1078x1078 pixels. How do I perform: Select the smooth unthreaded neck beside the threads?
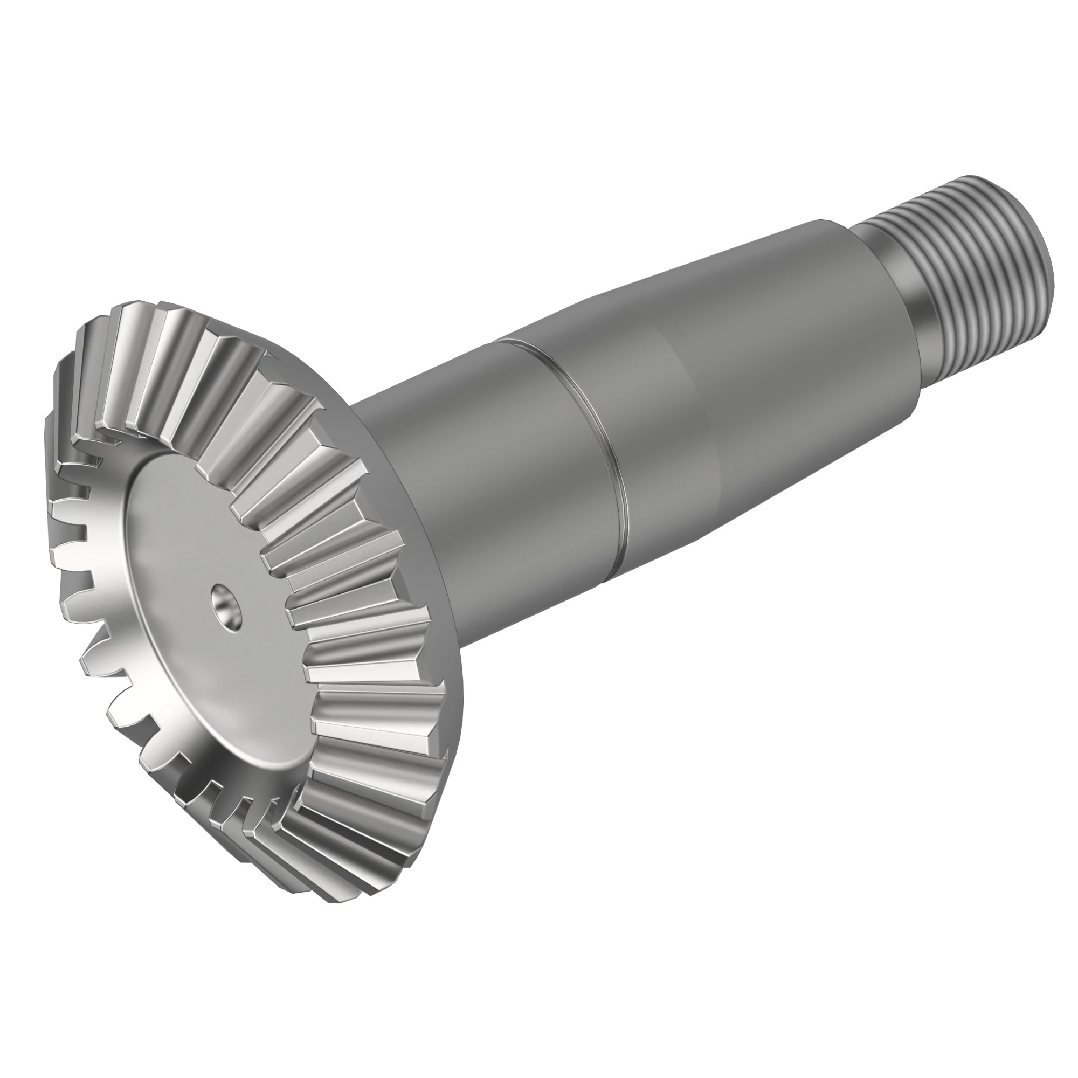pyautogui.click(x=887, y=290)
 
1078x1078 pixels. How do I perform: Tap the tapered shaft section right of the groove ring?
pyautogui.click(x=725, y=391)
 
